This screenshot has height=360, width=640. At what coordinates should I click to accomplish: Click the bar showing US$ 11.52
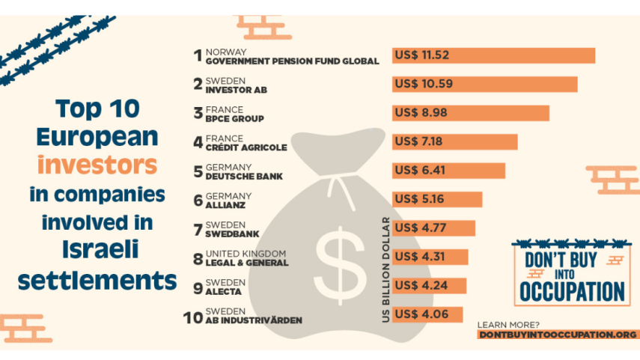click(493, 55)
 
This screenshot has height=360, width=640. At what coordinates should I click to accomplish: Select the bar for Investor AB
click(485, 84)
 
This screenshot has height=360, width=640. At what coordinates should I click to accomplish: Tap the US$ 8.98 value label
click(421, 113)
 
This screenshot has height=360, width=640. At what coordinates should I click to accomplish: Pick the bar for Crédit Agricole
click(454, 141)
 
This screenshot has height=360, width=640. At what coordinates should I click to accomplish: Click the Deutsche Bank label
click(244, 177)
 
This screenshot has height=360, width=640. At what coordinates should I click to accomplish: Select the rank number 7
click(198, 230)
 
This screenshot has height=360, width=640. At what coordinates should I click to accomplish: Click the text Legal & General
click(247, 263)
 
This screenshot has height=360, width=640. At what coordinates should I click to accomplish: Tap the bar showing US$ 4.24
click(429, 286)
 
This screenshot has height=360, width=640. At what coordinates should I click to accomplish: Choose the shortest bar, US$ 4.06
click(427, 314)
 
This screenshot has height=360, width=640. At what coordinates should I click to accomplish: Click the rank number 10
click(192, 317)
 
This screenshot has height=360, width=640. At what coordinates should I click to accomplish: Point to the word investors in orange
click(97, 165)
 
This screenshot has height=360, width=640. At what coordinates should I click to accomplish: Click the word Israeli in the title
click(100, 249)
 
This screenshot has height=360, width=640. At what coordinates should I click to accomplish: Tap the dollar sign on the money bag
click(341, 266)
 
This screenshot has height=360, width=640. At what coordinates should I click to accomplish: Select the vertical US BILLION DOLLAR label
click(385, 269)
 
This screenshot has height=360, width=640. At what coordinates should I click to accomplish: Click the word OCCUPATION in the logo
click(572, 291)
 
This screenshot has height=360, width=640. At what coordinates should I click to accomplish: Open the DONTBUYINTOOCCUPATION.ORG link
click(558, 335)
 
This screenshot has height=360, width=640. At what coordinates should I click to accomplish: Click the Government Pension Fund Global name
click(292, 61)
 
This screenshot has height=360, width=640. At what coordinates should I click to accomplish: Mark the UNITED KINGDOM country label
click(246, 254)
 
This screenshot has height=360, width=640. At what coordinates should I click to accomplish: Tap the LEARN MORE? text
click(508, 325)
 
